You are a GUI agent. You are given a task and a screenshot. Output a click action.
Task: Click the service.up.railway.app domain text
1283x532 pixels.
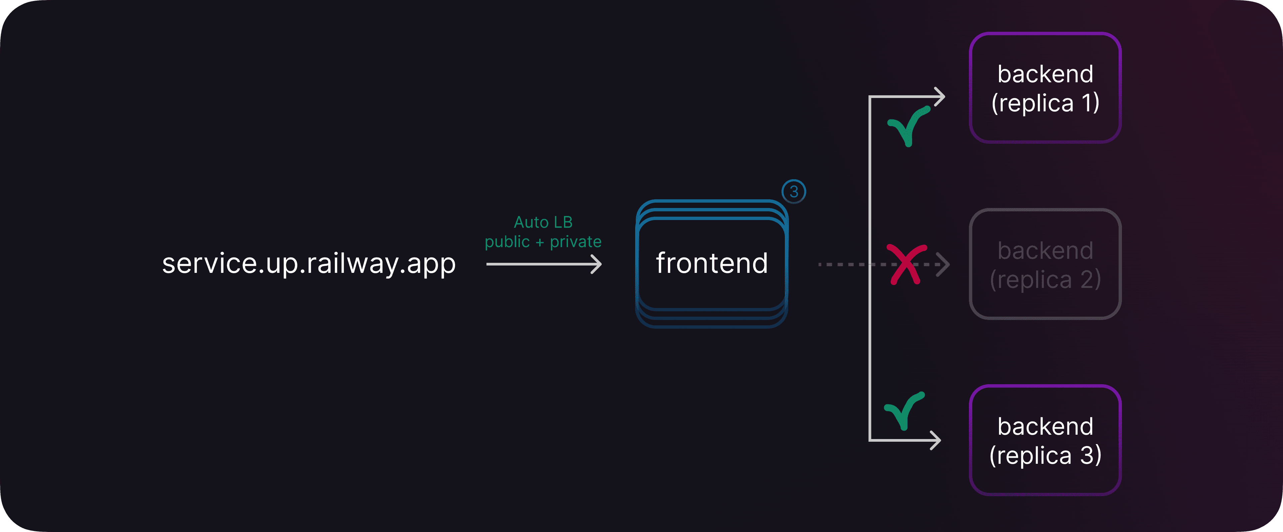309,263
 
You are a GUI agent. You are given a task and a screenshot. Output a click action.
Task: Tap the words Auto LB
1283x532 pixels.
543,222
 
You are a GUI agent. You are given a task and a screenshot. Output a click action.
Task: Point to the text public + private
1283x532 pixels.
543,242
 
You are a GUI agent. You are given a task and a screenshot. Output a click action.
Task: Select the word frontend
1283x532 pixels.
712,263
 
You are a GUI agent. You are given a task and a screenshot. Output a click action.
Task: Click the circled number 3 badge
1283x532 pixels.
794,192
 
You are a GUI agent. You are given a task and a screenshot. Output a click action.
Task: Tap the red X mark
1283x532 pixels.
906,264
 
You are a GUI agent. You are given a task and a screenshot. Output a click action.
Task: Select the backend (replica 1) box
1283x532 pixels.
1045,88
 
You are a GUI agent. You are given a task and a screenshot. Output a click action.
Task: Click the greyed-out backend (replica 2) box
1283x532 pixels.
1045,264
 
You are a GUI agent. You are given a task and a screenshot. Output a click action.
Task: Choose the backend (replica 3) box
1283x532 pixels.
1045,440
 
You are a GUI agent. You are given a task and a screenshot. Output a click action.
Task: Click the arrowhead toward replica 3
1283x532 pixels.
936,440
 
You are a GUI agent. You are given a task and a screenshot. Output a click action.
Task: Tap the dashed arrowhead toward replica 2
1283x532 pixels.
943,264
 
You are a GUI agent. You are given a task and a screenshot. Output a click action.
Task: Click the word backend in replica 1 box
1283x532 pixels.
1045,74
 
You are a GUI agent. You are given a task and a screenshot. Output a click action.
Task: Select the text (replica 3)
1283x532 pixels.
1045,455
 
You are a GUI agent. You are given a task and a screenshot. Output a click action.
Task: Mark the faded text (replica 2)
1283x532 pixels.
1045,279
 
